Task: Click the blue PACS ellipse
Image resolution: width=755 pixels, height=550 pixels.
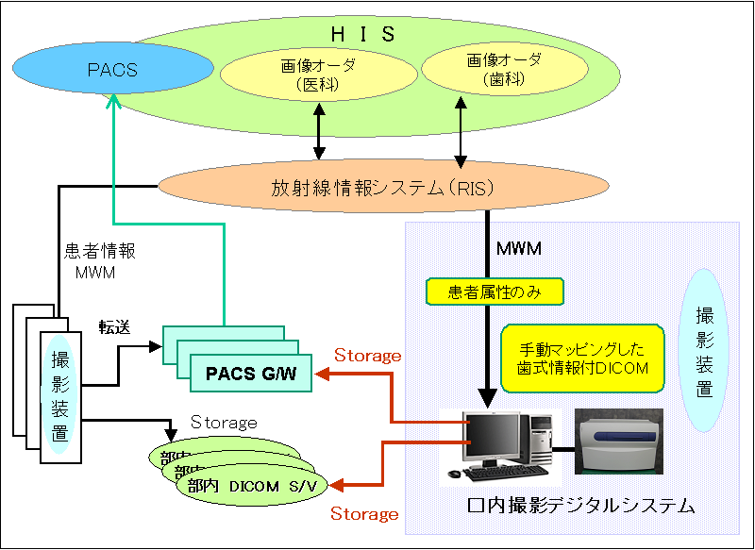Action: (112, 70)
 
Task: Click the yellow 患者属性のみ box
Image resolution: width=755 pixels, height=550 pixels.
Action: (495, 292)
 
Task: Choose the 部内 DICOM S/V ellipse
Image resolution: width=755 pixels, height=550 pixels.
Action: (249, 486)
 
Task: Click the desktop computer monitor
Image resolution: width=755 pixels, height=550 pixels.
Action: (495, 441)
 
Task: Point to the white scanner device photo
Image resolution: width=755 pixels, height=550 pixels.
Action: (618, 441)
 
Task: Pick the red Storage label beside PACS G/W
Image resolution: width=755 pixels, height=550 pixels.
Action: (368, 356)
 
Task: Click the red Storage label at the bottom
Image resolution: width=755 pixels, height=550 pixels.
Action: (364, 514)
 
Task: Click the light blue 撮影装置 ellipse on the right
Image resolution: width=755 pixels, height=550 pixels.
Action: (705, 350)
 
